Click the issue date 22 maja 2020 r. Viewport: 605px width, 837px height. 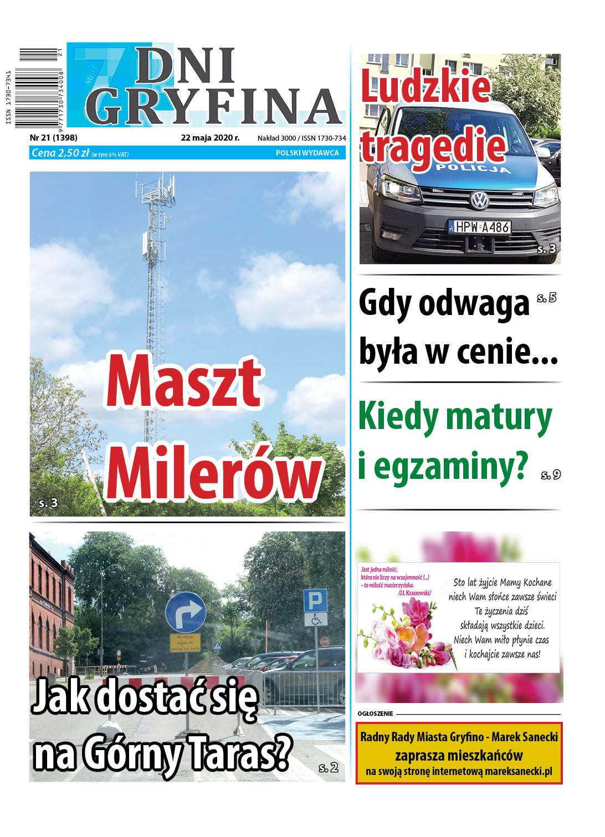point(210,138)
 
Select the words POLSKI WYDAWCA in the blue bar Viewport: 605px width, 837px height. point(307,153)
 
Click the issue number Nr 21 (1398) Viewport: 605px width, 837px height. point(53,138)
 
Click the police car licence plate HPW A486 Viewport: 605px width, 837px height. point(480,227)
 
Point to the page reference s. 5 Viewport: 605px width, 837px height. point(546,298)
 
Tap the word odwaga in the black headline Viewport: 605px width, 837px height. point(474,304)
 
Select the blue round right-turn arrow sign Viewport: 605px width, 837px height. point(186,612)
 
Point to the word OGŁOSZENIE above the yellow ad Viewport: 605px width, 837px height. point(375,714)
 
